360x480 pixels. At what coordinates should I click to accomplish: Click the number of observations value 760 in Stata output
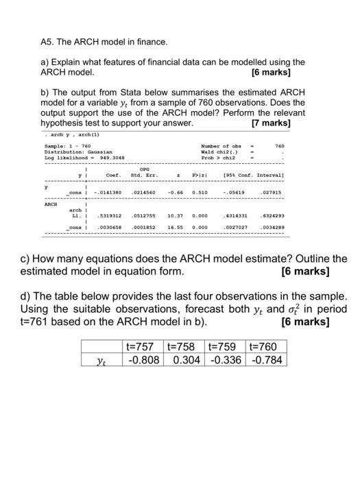pos(279,145)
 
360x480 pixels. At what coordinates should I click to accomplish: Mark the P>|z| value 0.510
pos(200,193)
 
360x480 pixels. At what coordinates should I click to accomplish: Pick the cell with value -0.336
pos(224,360)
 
